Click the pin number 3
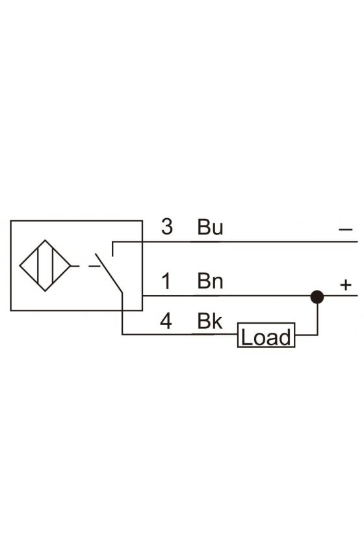click(167, 227)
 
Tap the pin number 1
click(167, 281)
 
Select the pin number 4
click(166, 321)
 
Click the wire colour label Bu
click(210, 227)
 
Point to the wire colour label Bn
click(210, 281)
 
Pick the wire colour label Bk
click(210, 321)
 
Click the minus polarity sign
click(346, 229)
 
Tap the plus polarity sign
click(346, 285)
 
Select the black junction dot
click(317, 297)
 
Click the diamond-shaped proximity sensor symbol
click(45, 266)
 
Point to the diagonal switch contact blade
click(109, 273)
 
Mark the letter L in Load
click(246, 337)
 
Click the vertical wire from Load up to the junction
click(317, 319)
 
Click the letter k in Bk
click(217, 321)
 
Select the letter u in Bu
click(217, 229)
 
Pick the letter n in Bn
click(217, 283)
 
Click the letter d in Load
click(285, 337)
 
